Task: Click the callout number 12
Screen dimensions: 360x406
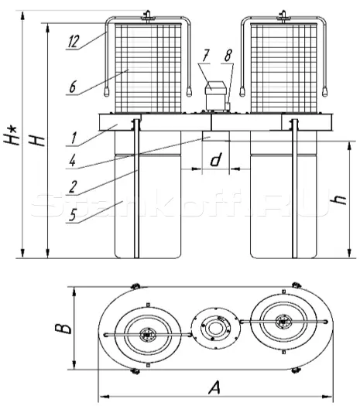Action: [x=73, y=42]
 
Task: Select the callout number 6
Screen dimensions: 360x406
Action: [x=73, y=87]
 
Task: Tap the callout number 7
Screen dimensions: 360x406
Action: [x=205, y=55]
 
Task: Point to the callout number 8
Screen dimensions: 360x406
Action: [x=228, y=55]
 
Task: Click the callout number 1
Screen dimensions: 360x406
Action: [x=74, y=138]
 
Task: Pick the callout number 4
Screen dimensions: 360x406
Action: [x=73, y=161]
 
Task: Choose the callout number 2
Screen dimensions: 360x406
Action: [x=73, y=187]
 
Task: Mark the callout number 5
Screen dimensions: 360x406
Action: [x=73, y=215]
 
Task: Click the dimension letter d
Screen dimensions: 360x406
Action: [x=216, y=159]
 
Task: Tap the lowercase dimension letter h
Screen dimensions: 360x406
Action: [x=339, y=199]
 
